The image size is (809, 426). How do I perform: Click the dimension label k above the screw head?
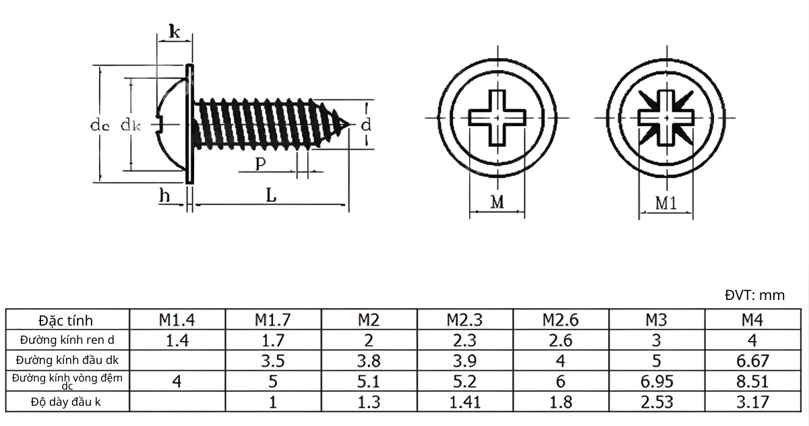coord(175,32)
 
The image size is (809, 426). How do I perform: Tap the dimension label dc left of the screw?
coord(100,125)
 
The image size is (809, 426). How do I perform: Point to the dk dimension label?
coord(130,125)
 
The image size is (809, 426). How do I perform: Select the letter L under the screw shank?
coord(271,195)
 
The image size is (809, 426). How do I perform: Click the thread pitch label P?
coord(260,164)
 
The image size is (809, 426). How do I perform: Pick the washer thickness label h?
coord(164,195)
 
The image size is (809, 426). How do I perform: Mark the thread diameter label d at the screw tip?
coord(366,125)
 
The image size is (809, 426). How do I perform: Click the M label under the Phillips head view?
coord(498,202)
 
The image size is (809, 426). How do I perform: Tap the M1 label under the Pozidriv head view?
coord(665,204)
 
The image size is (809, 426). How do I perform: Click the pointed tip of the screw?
coord(349,125)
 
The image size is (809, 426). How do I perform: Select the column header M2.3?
coord(465,320)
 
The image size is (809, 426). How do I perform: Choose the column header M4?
coord(752,320)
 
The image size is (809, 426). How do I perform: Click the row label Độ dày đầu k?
coord(66,402)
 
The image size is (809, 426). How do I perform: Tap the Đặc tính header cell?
coord(66,320)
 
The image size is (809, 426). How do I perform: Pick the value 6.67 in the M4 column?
coord(752,361)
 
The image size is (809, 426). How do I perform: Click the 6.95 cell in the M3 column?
coord(657,382)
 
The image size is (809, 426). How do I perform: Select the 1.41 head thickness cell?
coord(465,402)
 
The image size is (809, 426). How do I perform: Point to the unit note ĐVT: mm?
coord(755,295)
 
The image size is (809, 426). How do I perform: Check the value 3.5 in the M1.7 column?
coord(272,361)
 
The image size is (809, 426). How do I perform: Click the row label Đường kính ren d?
coord(67,340)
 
